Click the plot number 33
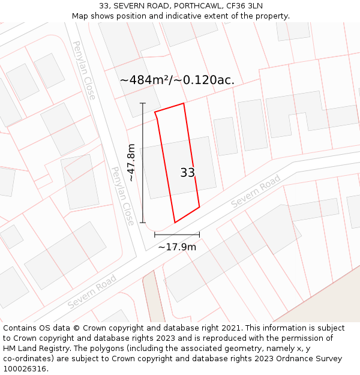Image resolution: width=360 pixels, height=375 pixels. [x=187, y=173]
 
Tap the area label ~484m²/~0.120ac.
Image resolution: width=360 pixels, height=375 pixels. [x=176, y=80]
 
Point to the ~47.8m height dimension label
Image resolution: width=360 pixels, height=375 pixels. [x=131, y=163]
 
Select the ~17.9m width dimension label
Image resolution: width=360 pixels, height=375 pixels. [x=177, y=247]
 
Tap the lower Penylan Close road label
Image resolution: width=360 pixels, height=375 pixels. [x=122, y=196]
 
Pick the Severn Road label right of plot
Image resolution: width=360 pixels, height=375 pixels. [x=256, y=191]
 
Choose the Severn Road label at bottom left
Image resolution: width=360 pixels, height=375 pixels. [x=92, y=292]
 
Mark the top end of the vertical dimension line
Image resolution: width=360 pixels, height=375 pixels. [x=143, y=103]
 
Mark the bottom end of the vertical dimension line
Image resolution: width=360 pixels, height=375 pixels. [x=143, y=223]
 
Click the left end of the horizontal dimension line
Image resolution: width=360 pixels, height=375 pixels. [x=155, y=235]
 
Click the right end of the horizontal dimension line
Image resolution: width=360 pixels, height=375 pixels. [x=199, y=235]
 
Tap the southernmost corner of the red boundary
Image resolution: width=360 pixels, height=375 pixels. [x=175, y=223]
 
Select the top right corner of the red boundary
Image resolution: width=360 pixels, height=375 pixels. [x=184, y=103]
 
